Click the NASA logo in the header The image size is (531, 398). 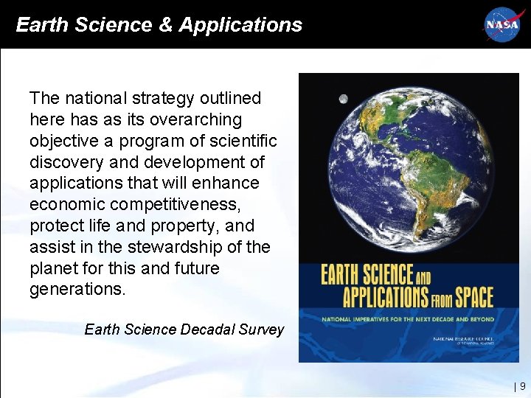pyautogui.click(x=502, y=24)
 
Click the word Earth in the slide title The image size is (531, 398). pyautogui.click(x=41, y=25)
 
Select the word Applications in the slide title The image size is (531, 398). pyautogui.click(x=240, y=25)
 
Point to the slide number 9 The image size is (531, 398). pyautogui.click(x=522, y=385)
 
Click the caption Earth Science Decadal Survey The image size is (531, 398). pyautogui.click(x=184, y=329)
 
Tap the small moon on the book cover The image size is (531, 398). pyautogui.click(x=343, y=99)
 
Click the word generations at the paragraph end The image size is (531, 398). pyautogui.click(x=77, y=290)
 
